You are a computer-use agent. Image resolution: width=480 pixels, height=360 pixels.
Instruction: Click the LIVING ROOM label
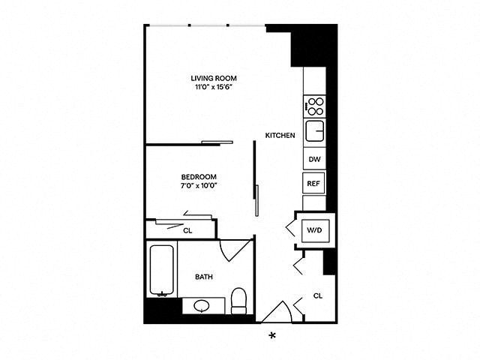[x=214, y=78]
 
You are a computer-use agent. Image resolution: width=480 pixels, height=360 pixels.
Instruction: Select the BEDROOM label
[x=199, y=177]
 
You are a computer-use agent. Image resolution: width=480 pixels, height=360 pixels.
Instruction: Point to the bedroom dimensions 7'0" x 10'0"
[x=199, y=185]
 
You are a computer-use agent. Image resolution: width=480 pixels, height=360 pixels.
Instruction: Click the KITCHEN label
[x=280, y=135]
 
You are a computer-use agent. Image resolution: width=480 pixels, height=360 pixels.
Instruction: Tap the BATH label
[x=204, y=277]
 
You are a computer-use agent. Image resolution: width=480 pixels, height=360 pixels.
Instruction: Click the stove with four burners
[x=315, y=106]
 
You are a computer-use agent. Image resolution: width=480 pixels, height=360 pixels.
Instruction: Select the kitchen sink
[x=315, y=131]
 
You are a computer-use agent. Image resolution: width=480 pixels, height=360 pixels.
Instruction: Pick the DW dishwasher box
[x=315, y=159]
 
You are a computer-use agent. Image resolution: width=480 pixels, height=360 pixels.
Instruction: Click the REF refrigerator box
[x=313, y=183]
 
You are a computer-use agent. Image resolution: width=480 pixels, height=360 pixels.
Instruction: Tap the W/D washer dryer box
[x=315, y=230]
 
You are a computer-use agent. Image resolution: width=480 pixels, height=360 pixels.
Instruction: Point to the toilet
[x=238, y=301]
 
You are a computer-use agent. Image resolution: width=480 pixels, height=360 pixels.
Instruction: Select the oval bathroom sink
[x=202, y=305]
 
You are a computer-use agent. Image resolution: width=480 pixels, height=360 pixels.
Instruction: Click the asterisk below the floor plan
[x=271, y=336]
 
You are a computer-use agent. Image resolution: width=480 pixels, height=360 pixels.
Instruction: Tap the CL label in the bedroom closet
[x=187, y=231]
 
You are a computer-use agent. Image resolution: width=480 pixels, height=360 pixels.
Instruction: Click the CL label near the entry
[x=318, y=295]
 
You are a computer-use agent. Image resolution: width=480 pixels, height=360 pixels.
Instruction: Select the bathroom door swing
[x=235, y=250]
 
